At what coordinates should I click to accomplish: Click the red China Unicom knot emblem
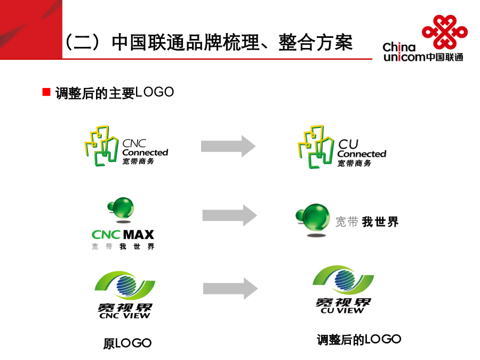445,32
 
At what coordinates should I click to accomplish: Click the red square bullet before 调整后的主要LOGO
46,92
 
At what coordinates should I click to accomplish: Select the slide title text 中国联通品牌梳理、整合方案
232,42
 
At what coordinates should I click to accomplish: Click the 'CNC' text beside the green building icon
134,143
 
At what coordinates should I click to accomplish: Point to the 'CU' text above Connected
348,144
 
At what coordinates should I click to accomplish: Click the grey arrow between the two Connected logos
228,146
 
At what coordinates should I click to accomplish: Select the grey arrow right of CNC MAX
229,215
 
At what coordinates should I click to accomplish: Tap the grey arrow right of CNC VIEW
230,289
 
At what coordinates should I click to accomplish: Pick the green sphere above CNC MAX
121,207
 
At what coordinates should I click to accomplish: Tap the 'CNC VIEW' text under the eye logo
125,316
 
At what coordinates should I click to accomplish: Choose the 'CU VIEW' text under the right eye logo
342,310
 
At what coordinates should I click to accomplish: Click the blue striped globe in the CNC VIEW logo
126,285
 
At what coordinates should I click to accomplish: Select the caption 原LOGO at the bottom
127,343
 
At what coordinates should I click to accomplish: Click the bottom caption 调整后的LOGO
359,340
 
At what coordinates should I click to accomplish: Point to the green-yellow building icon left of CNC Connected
101,146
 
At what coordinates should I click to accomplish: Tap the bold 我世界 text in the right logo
380,222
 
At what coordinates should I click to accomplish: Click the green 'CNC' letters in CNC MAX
106,235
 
